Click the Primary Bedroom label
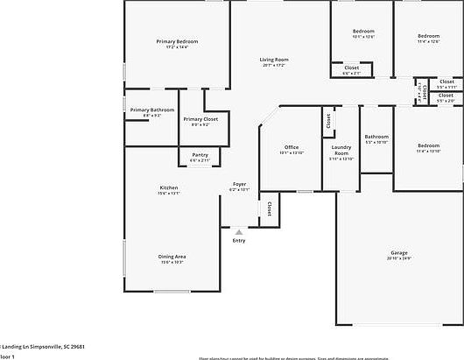tap(177, 41)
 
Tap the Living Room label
tap(274, 60)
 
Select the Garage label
tap(399, 252)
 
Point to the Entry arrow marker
tap(238, 232)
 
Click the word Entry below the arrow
tap(238, 241)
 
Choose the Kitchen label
tap(169, 187)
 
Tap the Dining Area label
tap(172, 256)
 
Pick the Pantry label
tap(200, 154)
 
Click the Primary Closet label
tap(200, 119)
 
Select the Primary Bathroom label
tap(152, 109)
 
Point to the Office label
tap(292, 147)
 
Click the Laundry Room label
tap(341, 150)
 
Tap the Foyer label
tap(239, 184)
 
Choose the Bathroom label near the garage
tap(376, 136)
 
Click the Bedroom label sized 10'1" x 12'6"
tap(363, 31)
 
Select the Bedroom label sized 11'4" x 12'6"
tap(428, 36)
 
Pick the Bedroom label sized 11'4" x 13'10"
tap(428, 145)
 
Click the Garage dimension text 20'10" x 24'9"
tap(399, 258)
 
